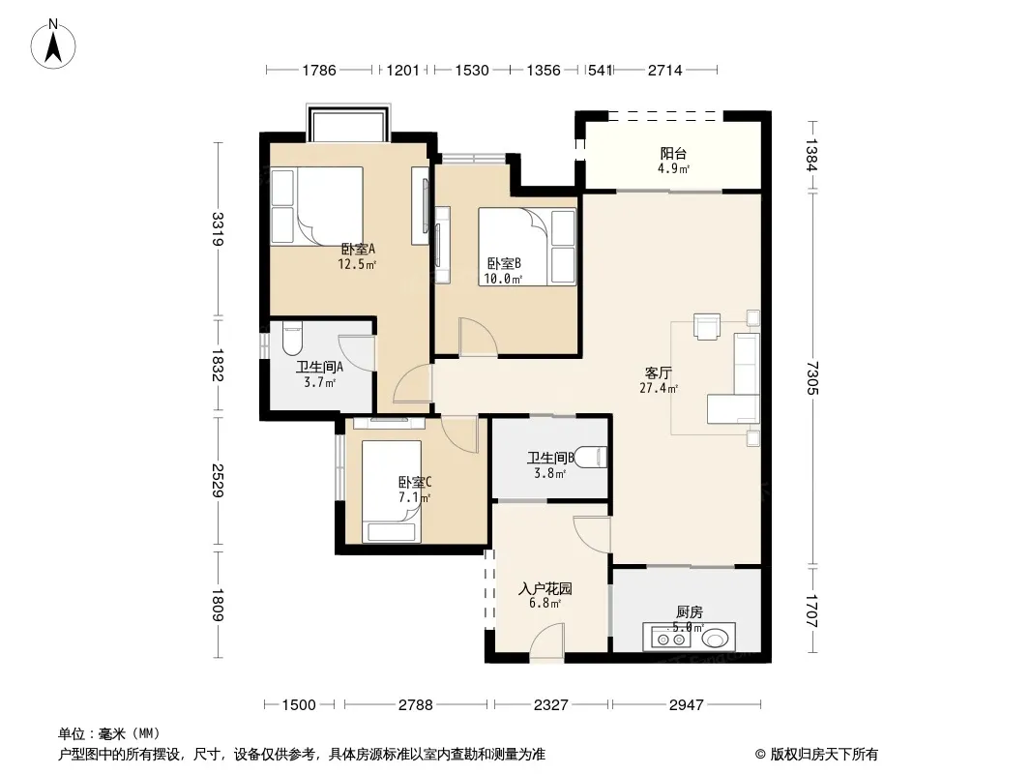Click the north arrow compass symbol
[x=53, y=45]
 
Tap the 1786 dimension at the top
[x=319, y=70]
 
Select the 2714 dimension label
[x=664, y=70]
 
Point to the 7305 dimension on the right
[x=812, y=377]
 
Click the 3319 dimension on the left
[x=218, y=229]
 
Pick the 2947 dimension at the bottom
[x=686, y=705]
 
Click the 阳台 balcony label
[x=673, y=154]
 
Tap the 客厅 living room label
[x=659, y=373]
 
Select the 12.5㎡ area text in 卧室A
[x=357, y=264]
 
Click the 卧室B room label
[x=504, y=264]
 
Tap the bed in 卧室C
[x=392, y=491]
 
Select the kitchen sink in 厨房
[x=717, y=638]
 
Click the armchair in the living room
[x=708, y=326]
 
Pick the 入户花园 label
[x=545, y=588]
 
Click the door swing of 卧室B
[x=478, y=338]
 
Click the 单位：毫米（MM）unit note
[x=109, y=733]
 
